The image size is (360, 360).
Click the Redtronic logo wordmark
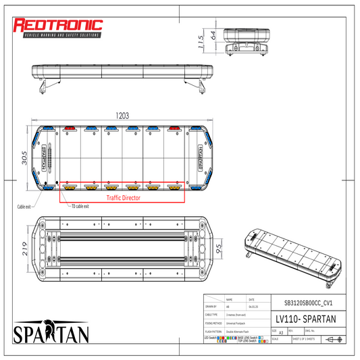coord(58,26)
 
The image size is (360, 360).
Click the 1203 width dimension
coord(122,116)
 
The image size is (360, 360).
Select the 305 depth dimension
coord(24,157)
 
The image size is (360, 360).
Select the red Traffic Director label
coord(122,198)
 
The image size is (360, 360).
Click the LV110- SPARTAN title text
coord(305,318)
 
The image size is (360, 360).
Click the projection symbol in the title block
coord(332,339)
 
